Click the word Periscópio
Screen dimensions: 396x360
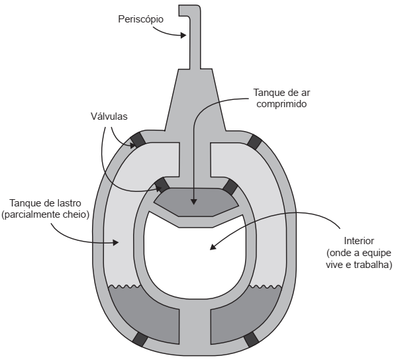(140, 20)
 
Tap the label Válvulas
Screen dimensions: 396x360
(109, 116)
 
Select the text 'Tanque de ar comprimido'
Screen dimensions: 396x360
(281, 98)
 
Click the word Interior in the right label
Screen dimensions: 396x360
(359, 241)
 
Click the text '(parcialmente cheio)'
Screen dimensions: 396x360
(46, 214)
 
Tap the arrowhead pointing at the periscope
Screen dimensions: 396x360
(183, 35)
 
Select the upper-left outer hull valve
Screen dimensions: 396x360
(138, 140)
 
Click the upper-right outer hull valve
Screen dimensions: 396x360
(254, 142)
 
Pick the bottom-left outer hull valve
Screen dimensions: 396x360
(140, 339)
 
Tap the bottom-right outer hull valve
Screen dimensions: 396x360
(252, 339)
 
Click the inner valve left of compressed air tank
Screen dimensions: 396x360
(162, 185)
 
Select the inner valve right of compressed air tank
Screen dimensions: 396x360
(230, 187)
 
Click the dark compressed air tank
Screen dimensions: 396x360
(196, 202)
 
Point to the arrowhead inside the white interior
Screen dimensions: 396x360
(213, 247)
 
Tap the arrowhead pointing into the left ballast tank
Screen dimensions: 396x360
(116, 243)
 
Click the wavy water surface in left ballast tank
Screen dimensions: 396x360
(124, 287)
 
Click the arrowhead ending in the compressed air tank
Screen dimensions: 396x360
(194, 201)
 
